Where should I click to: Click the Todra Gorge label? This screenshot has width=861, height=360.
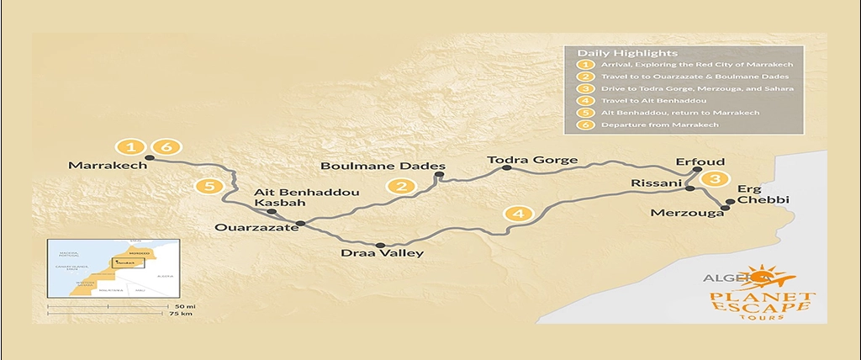(x=533, y=160)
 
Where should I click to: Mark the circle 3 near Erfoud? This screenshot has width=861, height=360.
(x=715, y=179)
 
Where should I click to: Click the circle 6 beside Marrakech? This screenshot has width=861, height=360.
(x=166, y=148)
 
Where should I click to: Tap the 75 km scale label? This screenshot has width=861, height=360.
(x=180, y=315)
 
